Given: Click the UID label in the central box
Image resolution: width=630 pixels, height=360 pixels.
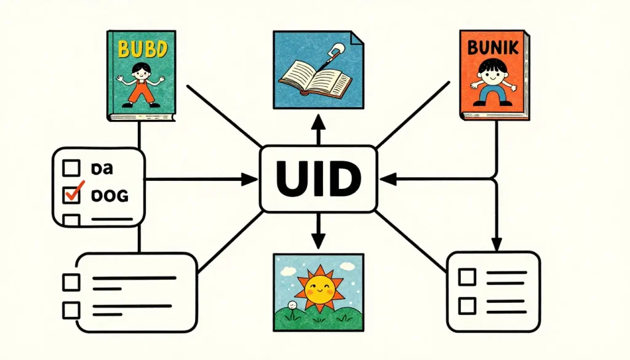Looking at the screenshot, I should click(x=318, y=178).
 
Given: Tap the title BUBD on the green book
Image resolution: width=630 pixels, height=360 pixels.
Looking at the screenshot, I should click(x=141, y=49).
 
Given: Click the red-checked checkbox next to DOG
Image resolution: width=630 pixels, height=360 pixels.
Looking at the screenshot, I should click(x=73, y=196).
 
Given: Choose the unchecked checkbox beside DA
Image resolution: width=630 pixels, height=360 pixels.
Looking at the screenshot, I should click(x=73, y=167).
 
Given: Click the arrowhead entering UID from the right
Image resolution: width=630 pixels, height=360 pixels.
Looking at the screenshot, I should click(x=386, y=179).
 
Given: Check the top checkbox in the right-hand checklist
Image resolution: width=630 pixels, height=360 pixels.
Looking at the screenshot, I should click(x=468, y=276).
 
